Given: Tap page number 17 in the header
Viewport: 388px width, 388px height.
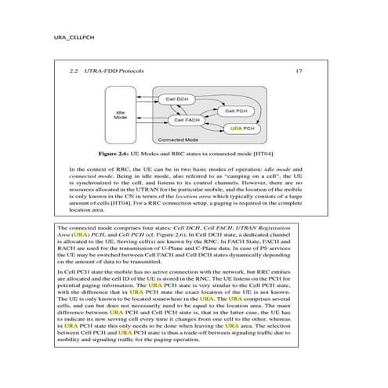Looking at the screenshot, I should tap(299, 71).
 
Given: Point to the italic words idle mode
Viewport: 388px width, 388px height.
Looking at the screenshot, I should tap(268, 169).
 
